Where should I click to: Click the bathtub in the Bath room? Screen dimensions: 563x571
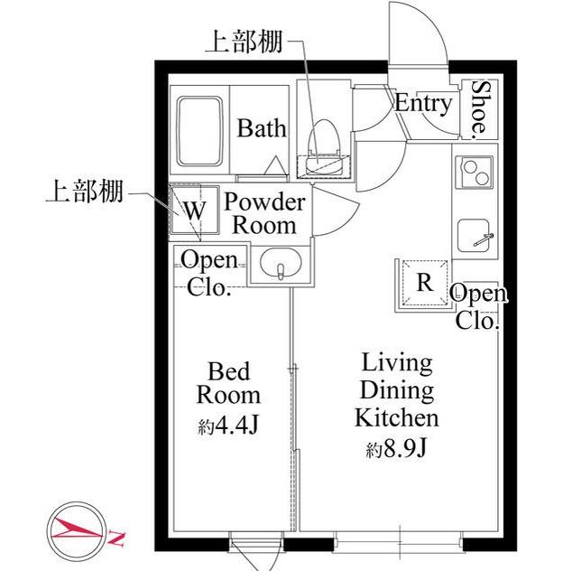[199, 132]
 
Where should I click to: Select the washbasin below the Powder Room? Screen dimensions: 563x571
[281, 263]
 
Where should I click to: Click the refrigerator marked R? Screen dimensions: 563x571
[424, 283]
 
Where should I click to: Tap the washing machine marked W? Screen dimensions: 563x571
[195, 210]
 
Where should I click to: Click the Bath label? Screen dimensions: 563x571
[262, 128]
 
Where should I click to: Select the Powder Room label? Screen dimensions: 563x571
[264, 214]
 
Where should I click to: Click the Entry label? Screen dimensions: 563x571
[423, 103]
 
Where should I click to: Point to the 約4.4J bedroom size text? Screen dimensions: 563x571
[228, 426]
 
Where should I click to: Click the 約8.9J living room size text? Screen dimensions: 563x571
[396, 449]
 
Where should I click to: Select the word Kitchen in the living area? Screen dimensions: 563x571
[397, 417]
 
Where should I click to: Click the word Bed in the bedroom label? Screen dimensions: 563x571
[229, 371]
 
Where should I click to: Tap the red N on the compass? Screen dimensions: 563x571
[116, 538]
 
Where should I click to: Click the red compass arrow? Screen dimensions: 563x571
[77, 529]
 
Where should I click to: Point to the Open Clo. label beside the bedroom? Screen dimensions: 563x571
[209, 274]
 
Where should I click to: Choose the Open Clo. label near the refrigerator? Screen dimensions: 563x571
[478, 306]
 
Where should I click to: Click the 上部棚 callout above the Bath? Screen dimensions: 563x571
[244, 42]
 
